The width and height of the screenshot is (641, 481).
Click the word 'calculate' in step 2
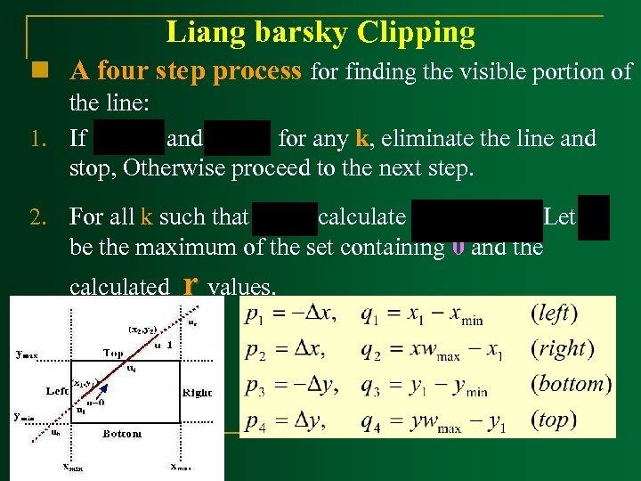(362, 217)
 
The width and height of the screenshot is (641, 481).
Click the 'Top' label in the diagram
(113, 354)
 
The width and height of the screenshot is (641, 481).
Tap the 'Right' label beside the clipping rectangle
(197, 392)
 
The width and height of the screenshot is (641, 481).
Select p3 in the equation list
(258, 386)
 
